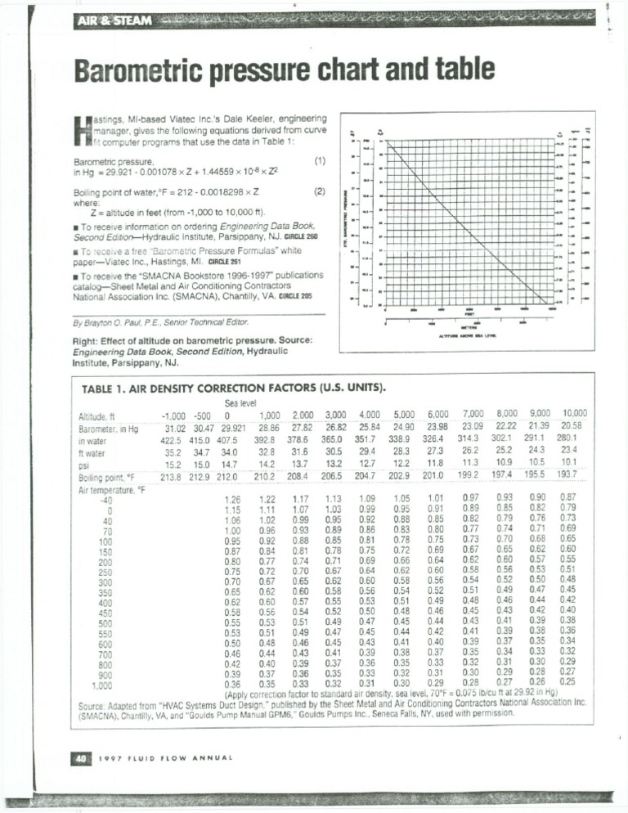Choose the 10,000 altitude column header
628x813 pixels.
pos(580,414)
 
